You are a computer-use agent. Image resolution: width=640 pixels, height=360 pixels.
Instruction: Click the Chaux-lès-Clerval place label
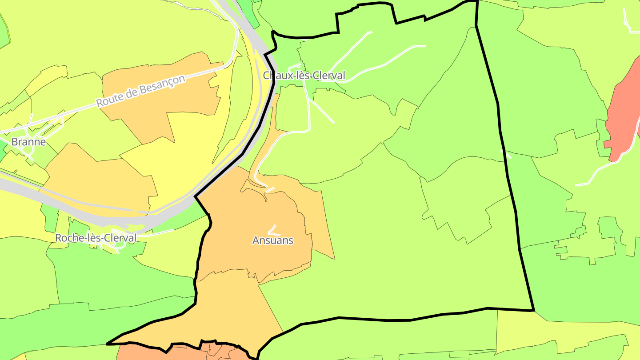click(304, 76)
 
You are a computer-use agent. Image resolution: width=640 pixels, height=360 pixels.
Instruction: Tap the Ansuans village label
click(273, 240)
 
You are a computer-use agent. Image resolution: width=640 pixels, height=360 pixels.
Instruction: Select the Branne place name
click(28, 142)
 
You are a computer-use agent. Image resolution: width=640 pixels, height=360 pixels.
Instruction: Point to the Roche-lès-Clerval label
click(96, 238)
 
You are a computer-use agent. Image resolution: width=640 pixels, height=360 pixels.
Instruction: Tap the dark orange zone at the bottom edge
click(147, 353)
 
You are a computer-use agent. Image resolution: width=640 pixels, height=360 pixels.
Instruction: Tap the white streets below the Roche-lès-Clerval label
click(109, 247)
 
